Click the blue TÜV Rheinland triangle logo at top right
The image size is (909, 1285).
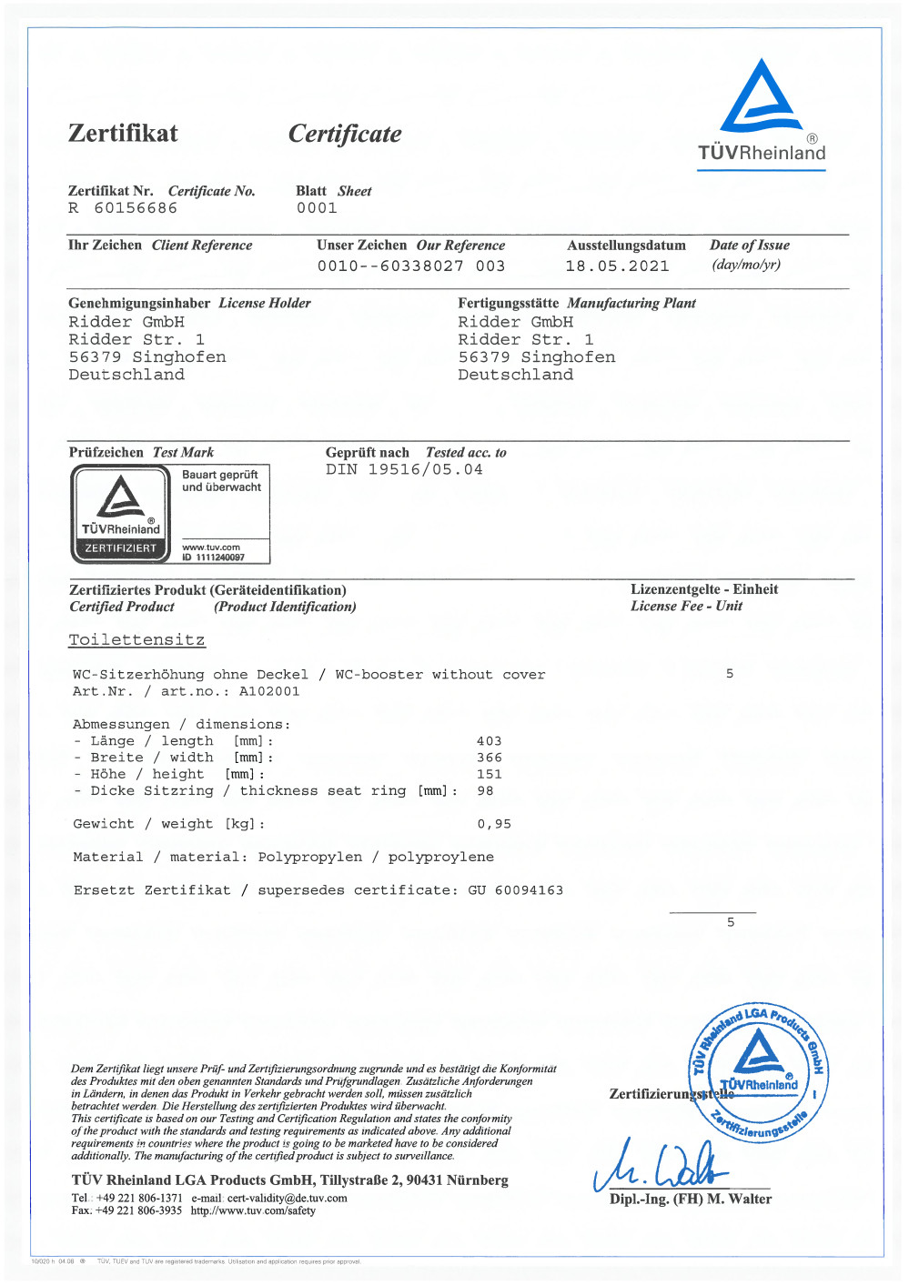click(x=761, y=98)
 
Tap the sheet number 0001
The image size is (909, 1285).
click(x=317, y=208)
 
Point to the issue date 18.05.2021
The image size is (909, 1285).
click(x=617, y=266)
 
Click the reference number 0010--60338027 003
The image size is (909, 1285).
click(x=411, y=266)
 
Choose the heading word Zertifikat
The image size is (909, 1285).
click(x=123, y=134)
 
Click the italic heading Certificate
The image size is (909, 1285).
click(x=345, y=135)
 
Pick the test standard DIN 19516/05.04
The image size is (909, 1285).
click(x=404, y=470)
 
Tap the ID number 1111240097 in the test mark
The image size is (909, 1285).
click(x=220, y=557)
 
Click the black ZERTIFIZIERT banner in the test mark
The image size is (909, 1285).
click(x=120, y=548)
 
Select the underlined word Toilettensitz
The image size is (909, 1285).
click(x=137, y=640)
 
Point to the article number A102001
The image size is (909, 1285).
click(x=269, y=691)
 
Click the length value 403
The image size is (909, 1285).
click(x=489, y=741)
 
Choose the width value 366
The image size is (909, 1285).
click(x=489, y=758)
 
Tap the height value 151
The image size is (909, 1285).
click(x=489, y=775)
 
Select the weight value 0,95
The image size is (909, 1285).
click(x=494, y=824)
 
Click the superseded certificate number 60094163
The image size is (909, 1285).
click(x=529, y=890)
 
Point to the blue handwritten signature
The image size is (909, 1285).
click(x=660, y=1166)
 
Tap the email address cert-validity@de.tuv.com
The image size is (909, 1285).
click(x=287, y=1199)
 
